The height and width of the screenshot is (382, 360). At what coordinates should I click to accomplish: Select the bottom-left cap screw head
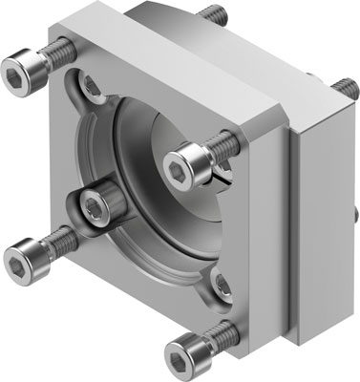click(24, 258)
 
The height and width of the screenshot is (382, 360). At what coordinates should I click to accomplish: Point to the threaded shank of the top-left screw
click(59, 50)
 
